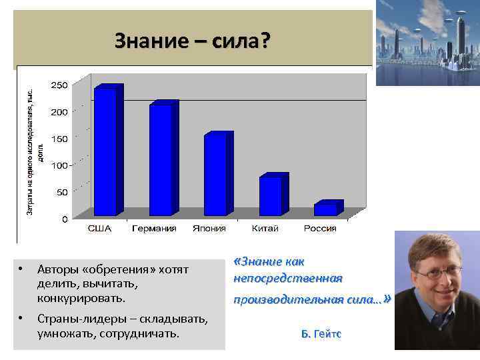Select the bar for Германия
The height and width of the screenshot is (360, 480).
(x=161, y=160)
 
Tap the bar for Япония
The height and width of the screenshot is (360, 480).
(x=216, y=175)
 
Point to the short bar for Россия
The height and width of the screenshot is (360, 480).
(x=326, y=209)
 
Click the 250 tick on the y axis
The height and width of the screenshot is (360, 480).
(x=60, y=85)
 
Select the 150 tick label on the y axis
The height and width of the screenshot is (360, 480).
(x=60, y=139)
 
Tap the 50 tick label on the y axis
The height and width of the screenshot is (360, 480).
(x=62, y=192)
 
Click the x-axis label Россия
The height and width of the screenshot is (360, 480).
(x=320, y=229)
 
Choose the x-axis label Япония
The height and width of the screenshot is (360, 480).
(x=210, y=229)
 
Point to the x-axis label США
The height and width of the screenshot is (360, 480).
(x=100, y=229)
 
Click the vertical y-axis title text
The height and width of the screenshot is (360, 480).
(x=34, y=152)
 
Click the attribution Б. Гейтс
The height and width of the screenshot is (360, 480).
(x=321, y=333)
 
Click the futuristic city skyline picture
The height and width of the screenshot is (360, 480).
(x=427, y=43)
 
